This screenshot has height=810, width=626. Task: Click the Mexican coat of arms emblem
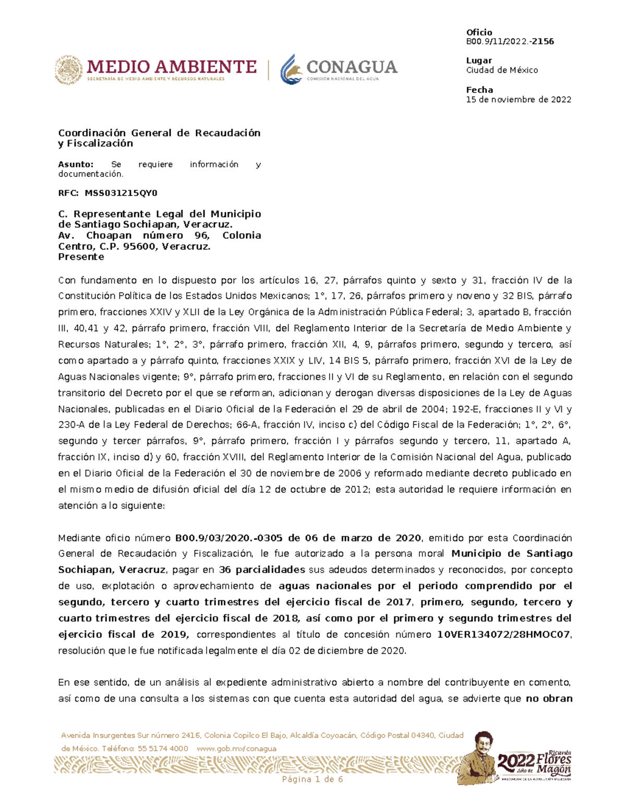pyautogui.click(x=68, y=70)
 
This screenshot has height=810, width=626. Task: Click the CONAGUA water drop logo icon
pyautogui.click(x=291, y=69)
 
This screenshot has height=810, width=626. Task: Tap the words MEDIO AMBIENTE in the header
pyautogui.click(x=172, y=67)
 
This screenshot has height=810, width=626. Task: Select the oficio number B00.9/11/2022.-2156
pyautogui.click(x=510, y=41)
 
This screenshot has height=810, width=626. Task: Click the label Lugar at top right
pyautogui.click(x=478, y=61)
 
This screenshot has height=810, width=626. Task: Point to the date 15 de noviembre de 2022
pyautogui.click(x=518, y=99)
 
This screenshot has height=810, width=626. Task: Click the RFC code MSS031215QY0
pyautogui.click(x=121, y=193)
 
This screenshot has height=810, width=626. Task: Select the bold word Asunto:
pyautogui.click(x=76, y=164)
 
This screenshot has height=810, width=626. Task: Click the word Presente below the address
pyautogui.click(x=81, y=257)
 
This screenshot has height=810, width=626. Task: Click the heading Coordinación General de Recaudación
pyautogui.click(x=159, y=132)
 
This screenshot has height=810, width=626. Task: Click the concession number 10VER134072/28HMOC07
pyautogui.click(x=503, y=634)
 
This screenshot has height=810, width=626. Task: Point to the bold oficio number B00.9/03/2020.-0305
pyautogui.click(x=229, y=538)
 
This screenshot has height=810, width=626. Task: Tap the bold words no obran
pyautogui.click(x=549, y=698)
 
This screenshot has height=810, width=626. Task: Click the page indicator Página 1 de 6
pyautogui.click(x=312, y=779)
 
